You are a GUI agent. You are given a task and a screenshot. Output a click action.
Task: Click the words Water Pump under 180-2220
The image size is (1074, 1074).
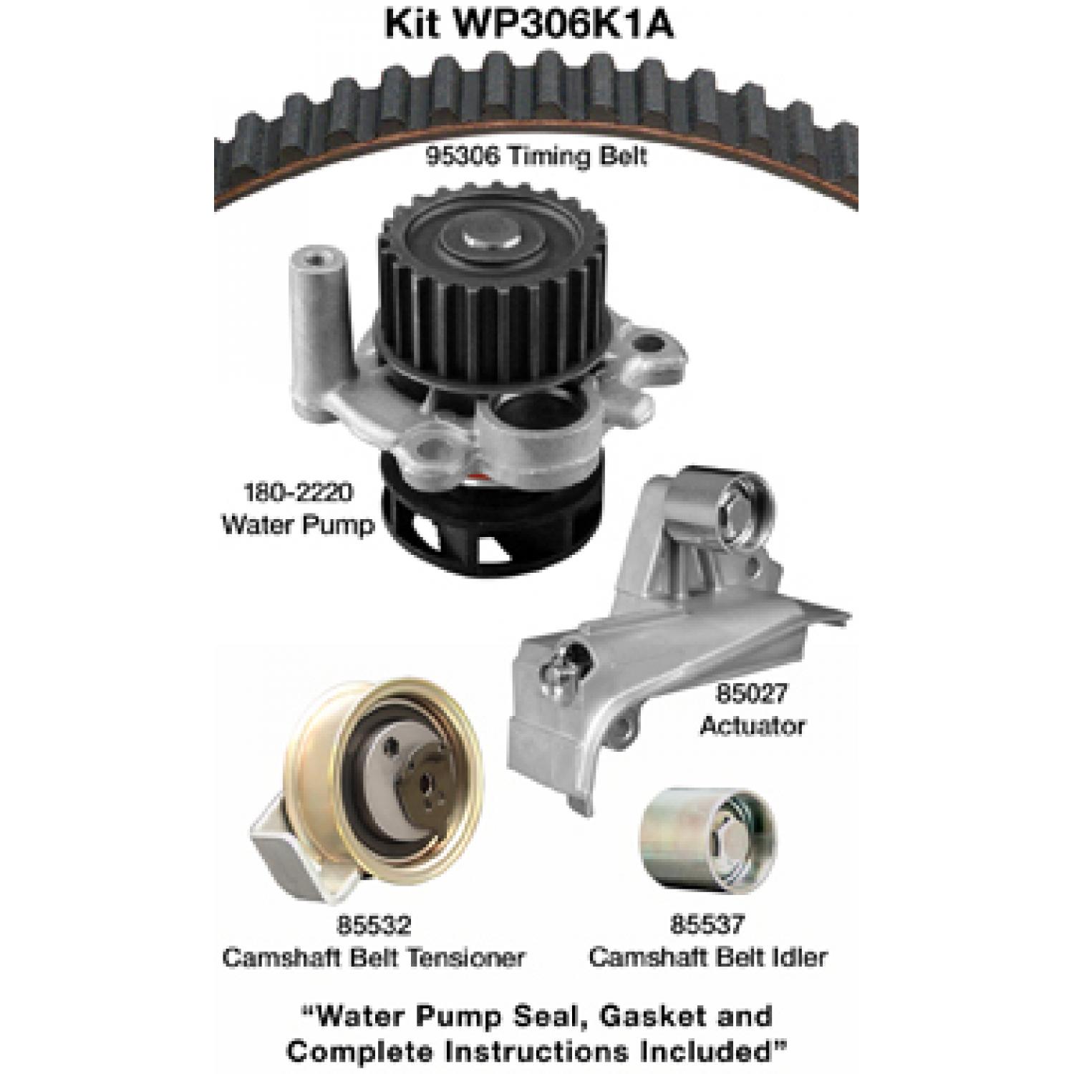tap(298, 526)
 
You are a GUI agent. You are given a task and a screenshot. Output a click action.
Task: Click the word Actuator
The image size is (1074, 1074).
tap(752, 725)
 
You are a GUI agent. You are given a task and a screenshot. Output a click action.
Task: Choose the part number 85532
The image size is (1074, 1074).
tap(373, 925)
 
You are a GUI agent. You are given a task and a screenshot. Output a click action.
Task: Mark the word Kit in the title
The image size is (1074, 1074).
tap(412, 24)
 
